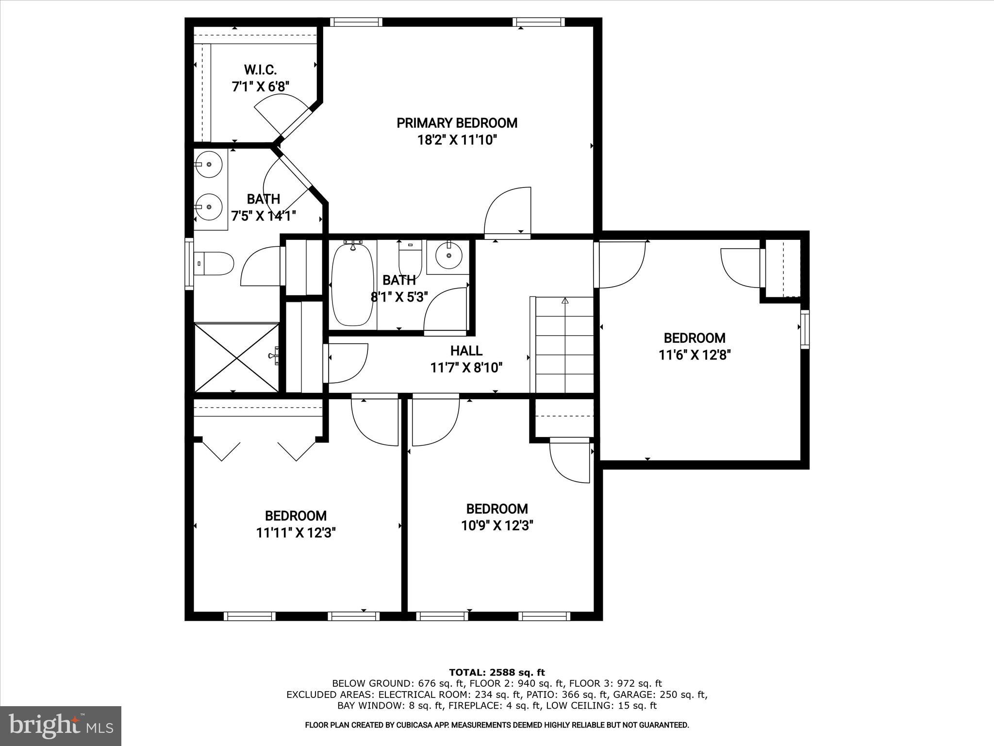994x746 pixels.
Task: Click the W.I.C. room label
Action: [x=260, y=69]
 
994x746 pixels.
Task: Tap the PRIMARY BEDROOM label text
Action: [x=457, y=123]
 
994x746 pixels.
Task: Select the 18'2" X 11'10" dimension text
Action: [x=457, y=140]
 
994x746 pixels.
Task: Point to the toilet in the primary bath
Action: [x=214, y=263]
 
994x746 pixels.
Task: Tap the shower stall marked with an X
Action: [x=236, y=357]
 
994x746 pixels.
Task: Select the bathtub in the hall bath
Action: [x=352, y=285]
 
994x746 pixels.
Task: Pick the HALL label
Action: [x=466, y=351]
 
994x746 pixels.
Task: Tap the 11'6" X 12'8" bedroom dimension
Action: [x=695, y=355]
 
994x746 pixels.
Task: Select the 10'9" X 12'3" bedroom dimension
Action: [x=497, y=526]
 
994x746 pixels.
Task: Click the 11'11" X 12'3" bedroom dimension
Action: [x=296, y=533]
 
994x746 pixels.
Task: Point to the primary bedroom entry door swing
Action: [x=507, y=212]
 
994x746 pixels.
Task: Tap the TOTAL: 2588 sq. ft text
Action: [x=497, y=672]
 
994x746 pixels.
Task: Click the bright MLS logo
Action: [x=60, y=726]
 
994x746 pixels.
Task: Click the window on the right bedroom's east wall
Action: [x=805, y=329]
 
